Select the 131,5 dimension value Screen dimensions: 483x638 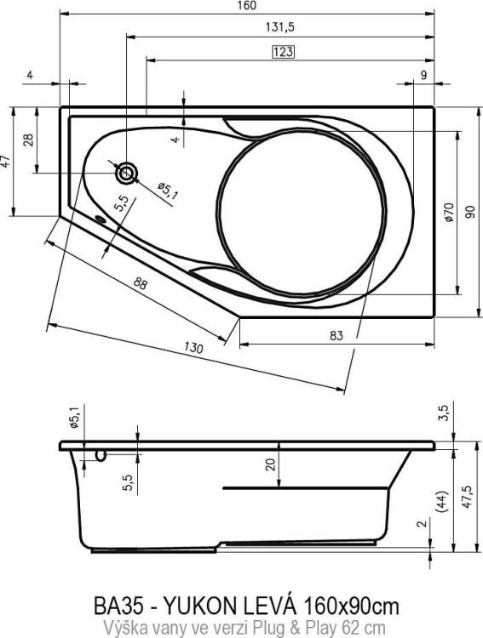tap(279, 27)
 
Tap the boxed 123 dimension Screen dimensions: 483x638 tap(283, 52)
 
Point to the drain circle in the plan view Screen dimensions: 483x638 tap(127, 174)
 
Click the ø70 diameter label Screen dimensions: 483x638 tap(449, 212)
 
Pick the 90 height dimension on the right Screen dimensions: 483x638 tap(470, 212)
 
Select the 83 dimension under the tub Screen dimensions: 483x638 tap(336, 336)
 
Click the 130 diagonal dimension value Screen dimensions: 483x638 tap(193, 348)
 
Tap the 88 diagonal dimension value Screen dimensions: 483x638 tap(140, 283)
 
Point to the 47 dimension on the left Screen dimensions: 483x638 tap(5, 161)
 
